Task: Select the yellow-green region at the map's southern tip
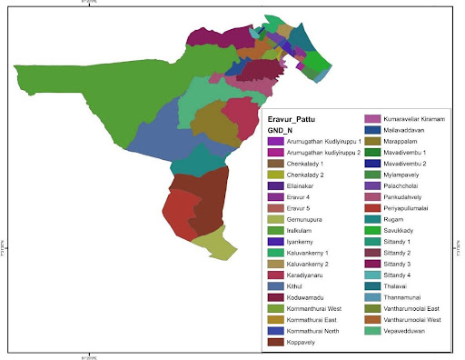point(214,242)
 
